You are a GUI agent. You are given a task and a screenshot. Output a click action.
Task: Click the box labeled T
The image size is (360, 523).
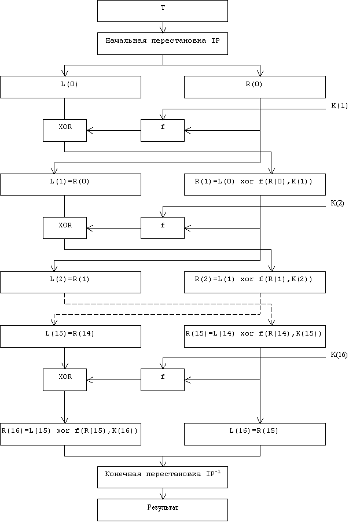coord(162,11)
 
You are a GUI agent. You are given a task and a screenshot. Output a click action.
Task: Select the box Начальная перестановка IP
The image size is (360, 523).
coord(162,43)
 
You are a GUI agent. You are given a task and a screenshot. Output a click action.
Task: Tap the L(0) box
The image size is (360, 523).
coord(71,87)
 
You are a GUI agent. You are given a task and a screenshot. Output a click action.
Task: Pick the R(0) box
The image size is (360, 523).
coord(255,87)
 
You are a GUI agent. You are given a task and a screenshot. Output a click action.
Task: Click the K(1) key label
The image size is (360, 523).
coord(339,105)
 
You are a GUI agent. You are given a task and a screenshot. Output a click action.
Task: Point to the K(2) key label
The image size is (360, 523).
coord(337,203)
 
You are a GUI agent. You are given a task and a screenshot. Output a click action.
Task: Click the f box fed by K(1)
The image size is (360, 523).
coord(163,130)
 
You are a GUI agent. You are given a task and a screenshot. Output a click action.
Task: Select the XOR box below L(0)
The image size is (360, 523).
coord(64,130)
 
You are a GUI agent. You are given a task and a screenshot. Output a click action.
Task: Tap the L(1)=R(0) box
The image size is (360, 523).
coord(71,185)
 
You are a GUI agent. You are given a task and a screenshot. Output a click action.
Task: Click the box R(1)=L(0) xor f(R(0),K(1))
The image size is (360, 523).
coord(255,185)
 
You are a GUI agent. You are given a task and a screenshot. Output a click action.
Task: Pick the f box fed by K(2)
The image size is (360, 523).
coord(163,228)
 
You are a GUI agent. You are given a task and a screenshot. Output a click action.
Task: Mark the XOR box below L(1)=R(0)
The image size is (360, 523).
coord(64,228)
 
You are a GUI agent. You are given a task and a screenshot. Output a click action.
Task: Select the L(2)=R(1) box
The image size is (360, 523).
coord(71,282)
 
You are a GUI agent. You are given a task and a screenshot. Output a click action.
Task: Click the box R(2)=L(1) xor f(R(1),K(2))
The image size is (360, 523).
coord(255,282)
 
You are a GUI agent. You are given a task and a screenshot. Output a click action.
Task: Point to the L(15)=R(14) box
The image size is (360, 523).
coord(71,336)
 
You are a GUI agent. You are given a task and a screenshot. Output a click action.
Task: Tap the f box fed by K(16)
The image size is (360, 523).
coord(163,380)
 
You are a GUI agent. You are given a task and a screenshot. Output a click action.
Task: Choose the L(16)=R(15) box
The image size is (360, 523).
coord(255,434)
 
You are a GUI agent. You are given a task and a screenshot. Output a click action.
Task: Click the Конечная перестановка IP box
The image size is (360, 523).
coord(162,476)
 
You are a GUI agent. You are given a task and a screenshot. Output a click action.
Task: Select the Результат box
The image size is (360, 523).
coord(162,509)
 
